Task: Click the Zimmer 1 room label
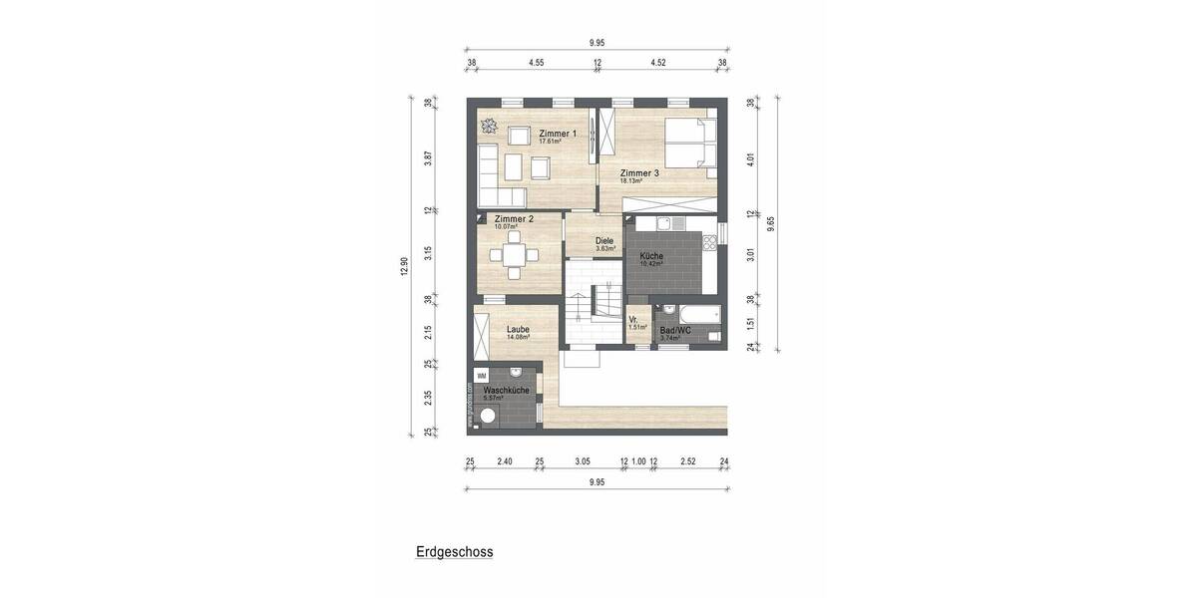[558, 134]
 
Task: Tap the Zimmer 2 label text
[514, 218]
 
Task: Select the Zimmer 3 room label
[639, 173]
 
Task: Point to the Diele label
[604, 240]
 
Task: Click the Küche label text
[651, 256]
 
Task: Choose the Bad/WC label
[675, 330]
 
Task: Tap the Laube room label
[518, 329]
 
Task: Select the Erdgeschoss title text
[455, 551]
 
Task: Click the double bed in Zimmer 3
[690, 142]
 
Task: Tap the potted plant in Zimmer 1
[489, 126]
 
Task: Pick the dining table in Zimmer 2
[515, 255]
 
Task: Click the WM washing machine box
[482, 375]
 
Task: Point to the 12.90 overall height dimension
[405, 267]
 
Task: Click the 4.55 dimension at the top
[536, 63]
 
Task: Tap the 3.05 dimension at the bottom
[584, 461]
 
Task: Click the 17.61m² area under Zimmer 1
[550, 143]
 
